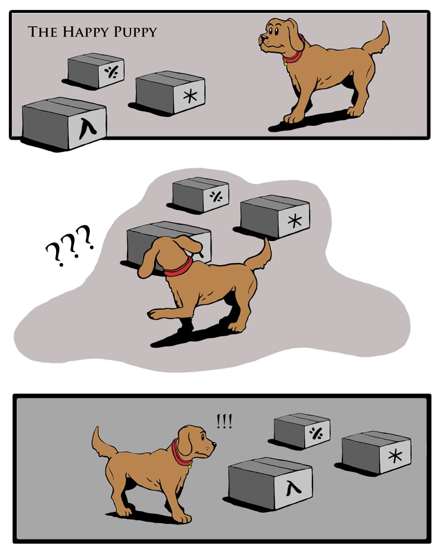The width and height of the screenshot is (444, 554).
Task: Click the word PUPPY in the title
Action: click(135, 32)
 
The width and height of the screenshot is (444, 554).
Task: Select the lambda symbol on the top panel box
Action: click(88, 128)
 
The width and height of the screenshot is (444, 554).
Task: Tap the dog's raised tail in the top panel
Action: click(377, 40)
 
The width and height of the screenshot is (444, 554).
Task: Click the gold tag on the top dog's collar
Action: click(285, 64)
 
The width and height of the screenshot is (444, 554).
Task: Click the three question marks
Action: click(70, 245)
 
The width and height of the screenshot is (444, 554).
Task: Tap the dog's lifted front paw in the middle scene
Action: click(154, 314)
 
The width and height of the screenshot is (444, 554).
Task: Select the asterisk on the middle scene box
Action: click(295, 220)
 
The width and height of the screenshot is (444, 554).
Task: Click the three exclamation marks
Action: click(224, 421)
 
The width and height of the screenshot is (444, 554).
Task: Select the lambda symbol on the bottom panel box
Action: click(294, 488)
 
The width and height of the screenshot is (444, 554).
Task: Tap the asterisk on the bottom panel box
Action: click(395, 456)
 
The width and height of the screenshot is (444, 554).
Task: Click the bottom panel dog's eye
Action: click(203, 437)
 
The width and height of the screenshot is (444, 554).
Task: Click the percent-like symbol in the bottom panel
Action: click(316, 433)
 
